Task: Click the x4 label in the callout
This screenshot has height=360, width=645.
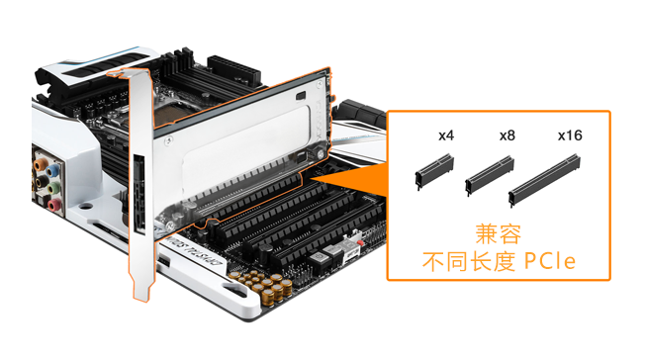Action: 446,135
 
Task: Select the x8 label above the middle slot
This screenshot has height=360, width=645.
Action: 507,135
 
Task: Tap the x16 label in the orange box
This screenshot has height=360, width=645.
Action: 570,135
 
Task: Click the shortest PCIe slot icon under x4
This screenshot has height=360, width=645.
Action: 434,171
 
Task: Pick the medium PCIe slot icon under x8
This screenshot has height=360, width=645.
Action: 490,175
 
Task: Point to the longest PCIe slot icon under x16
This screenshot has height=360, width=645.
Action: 544,181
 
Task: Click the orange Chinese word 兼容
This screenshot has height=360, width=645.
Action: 499,234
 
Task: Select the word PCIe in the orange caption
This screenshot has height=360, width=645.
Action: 550,261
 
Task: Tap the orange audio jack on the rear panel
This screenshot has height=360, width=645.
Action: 41,165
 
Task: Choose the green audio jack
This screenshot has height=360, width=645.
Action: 53,188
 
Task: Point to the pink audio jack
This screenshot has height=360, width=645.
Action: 54,205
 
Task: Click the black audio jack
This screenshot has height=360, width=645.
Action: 42,181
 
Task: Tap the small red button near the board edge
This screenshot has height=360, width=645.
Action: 360,242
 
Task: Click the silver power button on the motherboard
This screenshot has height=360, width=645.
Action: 316,258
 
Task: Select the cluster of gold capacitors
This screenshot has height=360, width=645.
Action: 261,284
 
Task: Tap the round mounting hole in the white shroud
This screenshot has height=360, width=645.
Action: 85,206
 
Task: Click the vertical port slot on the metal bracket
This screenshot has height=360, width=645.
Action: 139,194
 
